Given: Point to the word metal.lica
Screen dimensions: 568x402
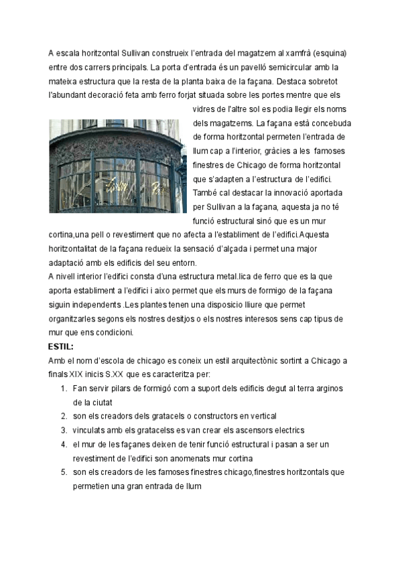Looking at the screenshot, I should pos(222,277).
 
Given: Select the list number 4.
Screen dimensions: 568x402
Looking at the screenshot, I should pos(64,444).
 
